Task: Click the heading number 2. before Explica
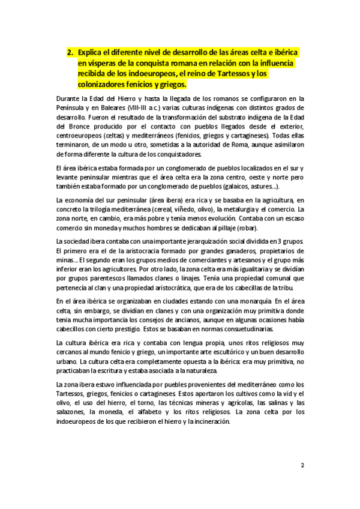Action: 70,53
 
